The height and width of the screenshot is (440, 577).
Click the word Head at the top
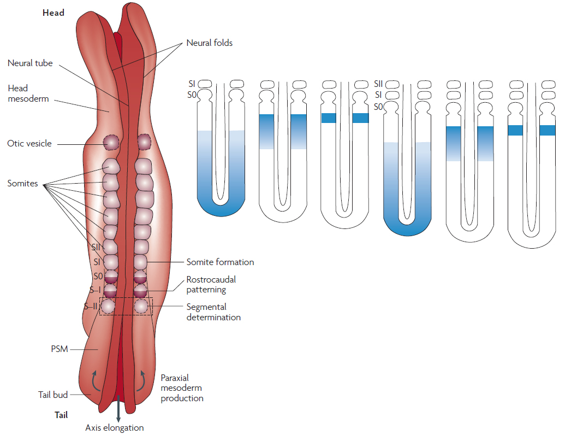[x=53, y=13]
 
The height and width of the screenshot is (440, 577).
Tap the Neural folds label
[x=210, y=43]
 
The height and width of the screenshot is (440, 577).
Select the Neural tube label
[x=30, y=63]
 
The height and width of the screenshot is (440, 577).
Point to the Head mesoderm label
[x=28, y=93]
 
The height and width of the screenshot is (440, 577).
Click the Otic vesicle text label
[x=29, y=143]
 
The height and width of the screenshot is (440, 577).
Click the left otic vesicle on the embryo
[x=111, y=142]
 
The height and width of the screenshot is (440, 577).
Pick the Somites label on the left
[x=22, y=183]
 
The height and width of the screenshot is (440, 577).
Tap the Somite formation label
[x=220, y=262]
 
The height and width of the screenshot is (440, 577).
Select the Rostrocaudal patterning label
[x=211, y=284]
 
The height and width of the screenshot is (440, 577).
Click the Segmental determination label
[x=213, y=312]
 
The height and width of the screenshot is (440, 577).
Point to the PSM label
[x=60, y=349]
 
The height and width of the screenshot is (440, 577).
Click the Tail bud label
[x=53, y=395]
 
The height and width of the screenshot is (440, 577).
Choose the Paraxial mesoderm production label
[x=182, y=388]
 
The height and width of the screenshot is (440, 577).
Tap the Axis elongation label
[x=115, y=427]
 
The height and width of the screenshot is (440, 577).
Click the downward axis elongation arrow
[x=118, y=408]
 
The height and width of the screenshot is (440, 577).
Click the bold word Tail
[x=61, y=415]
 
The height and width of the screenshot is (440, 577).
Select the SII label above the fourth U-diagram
[x=378, y=84]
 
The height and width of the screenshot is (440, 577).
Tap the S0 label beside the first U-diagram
[x=192, y=95]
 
